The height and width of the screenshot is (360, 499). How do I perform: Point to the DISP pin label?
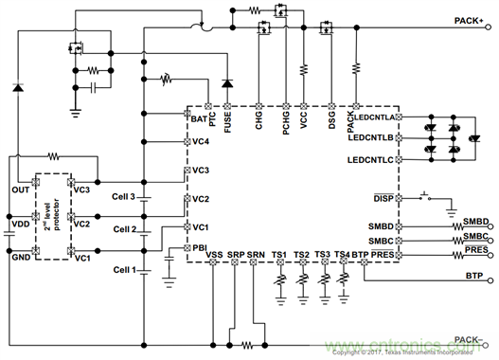[x=384, y=199]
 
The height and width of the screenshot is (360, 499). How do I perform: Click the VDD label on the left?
[x=18, y=225]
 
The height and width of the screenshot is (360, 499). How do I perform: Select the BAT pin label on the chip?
[x=199, y=120]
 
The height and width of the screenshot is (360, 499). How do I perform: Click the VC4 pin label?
[x=201, y=141]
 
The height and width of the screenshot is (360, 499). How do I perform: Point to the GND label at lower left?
[x=19, y=256]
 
